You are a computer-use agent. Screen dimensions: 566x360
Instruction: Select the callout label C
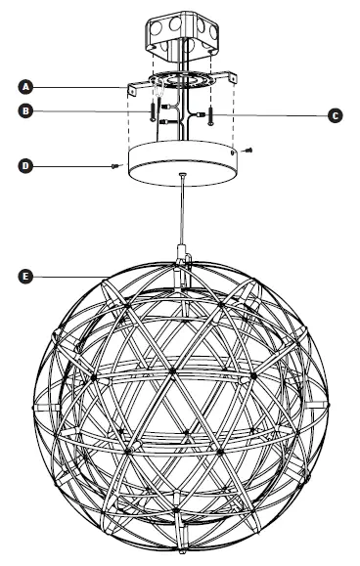click(336, 115)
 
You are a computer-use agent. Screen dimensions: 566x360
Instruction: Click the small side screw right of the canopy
click(250, 151)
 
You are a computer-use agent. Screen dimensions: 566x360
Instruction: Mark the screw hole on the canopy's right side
click(231, 152)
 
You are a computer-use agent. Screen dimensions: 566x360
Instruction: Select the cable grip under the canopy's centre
click(182, 177)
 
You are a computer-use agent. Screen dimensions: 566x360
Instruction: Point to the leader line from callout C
click(274, 115)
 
